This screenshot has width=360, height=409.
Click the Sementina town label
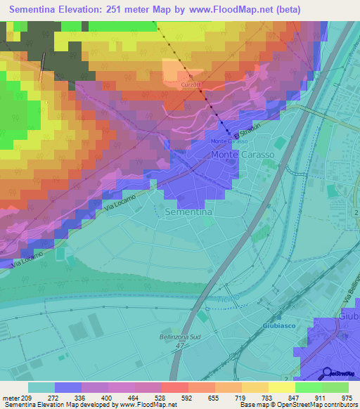(188, 211)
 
